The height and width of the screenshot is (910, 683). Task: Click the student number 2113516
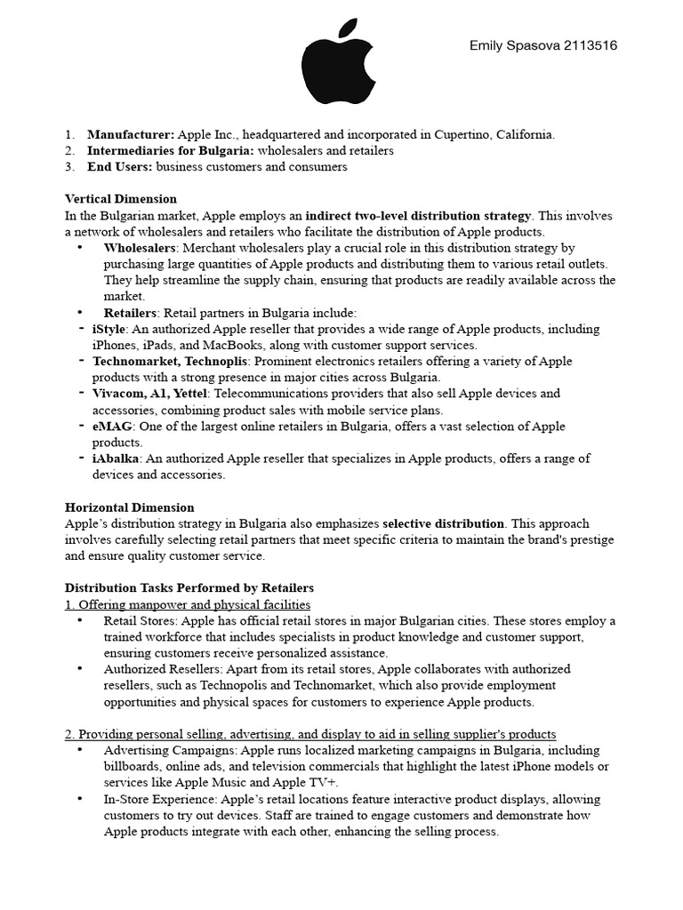tap(585, 44)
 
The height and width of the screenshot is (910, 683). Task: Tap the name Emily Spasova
tap(503, 44)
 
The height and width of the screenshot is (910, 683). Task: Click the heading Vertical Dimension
tap(121, 199)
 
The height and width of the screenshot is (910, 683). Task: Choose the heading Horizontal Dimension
tap(130, 507)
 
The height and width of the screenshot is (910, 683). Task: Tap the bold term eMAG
tap(111, 427)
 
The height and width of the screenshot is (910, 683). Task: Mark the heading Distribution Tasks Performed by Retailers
tap(189, 588)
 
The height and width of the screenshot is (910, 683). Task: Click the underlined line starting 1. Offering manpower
tap(188, 604)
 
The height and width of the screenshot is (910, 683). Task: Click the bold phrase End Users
tap(119, 166)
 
